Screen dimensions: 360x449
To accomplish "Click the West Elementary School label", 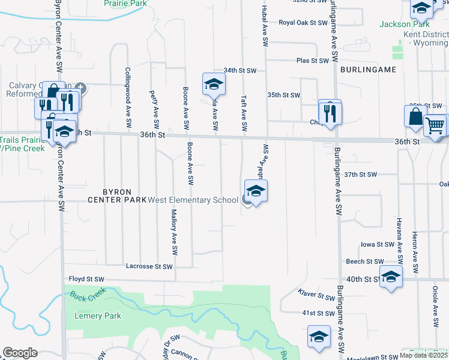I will pos(193,200).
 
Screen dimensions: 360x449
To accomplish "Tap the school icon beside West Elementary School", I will pos(256,192).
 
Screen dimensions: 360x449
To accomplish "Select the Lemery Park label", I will pos(98,316).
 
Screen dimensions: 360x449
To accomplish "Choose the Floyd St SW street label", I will pos(86,279).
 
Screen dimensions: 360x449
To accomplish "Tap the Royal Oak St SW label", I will pos(303,23).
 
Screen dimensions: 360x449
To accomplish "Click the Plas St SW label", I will pos(313,61).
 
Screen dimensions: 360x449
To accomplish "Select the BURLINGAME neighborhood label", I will pos(368,70).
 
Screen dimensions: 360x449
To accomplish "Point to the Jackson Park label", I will pos(404,25).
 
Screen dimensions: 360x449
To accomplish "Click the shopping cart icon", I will pos(436,125).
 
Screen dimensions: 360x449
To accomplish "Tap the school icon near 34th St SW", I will pos(213,86).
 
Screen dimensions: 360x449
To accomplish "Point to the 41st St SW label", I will pos(318,313).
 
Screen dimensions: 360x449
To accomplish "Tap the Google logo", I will pos(20,353).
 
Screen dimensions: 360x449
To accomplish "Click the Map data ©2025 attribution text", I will pos(423,355).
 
